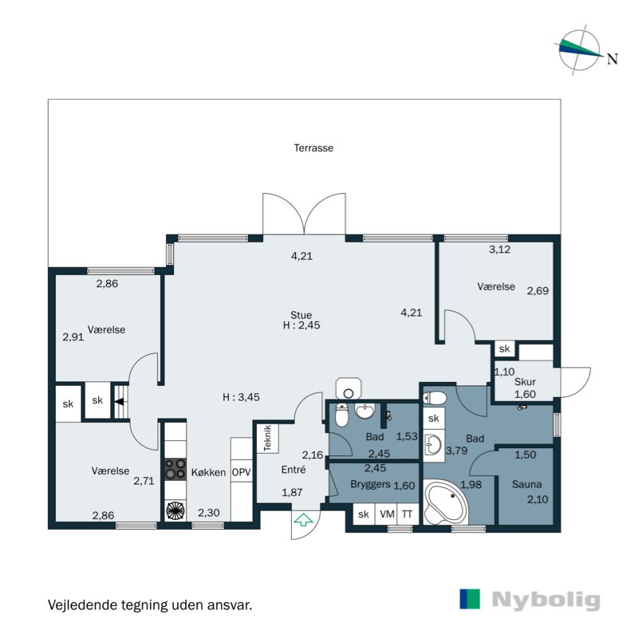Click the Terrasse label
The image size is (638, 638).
[313, 148]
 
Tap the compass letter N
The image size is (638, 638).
[612, 59]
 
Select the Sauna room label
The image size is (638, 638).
[526, 484]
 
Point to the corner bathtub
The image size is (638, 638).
[446, 502]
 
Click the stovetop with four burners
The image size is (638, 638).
[175, 469]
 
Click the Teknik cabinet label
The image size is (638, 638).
[267, 438]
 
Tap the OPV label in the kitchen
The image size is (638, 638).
[242, 472]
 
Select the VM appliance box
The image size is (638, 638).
[387, 514]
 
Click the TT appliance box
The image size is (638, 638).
[408, 514]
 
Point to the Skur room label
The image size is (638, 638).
[525, 382]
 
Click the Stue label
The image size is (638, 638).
[301, 315]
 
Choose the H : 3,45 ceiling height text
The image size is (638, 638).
[242, 397]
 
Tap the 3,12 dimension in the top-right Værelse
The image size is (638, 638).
[499, 250]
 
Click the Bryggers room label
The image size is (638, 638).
[370, 485]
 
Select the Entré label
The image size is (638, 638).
[293, 470]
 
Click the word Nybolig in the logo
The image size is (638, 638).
[546, 601]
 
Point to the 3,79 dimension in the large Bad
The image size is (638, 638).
[456, 451]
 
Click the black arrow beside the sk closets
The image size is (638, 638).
[119, 402]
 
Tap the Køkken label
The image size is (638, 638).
[208, 472]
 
